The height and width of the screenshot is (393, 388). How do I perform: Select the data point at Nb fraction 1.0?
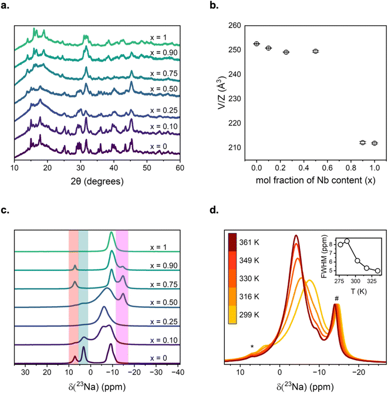click(374, 143)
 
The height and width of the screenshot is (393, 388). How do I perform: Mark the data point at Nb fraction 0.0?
click(257, 43)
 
